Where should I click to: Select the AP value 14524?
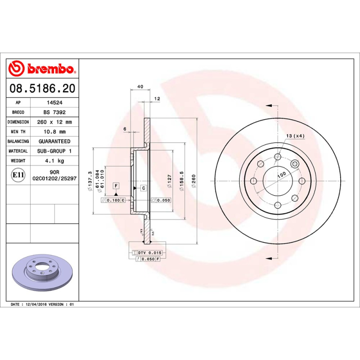tap(54, 103)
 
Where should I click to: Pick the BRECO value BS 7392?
tap(54, 112)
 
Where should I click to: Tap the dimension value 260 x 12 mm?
tap(54, 122)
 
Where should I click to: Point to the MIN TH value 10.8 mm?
tap(54, 132)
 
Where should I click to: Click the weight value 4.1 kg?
tap(54, 161)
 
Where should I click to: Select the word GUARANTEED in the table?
tap(54, 141)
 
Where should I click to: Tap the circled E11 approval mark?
tap(18, 175)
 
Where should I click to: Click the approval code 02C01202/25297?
tap(54, 178)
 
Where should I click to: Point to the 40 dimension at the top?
tap(140, 86)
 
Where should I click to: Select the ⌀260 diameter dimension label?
tap(194, 180)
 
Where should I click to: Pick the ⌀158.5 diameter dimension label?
tap(182, 180)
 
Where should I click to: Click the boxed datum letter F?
tap(116, 185)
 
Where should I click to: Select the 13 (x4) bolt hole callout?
tap(295, 136)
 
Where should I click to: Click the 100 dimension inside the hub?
tap(282, 175)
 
